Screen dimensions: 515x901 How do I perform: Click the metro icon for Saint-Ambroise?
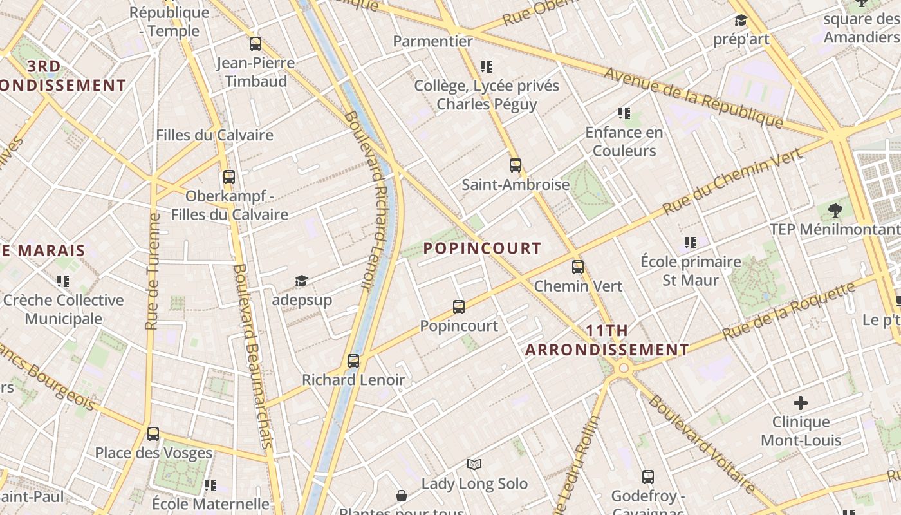(x=515, y=165)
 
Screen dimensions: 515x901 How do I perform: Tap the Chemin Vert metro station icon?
(x=578, y=267)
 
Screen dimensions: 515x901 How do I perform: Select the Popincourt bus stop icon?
(x=459, y=307)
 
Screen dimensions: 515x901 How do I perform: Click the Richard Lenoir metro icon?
(x=353, y=361)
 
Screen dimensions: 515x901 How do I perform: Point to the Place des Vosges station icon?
(x=153, y=434)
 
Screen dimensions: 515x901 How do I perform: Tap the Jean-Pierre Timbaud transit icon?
(x=255, y=44)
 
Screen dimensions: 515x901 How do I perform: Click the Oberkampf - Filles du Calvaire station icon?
(x=229, y=177)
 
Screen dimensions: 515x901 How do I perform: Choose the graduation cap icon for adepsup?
(x=301, y=281)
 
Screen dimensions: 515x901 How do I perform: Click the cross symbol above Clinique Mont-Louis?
(x=801, y=404)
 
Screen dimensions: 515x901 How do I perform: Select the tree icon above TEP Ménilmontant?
(x=835, y=210)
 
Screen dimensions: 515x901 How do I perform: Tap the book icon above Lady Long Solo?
(x=474, y=464)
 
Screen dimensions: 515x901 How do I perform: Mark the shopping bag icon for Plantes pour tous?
(x=402, y=496)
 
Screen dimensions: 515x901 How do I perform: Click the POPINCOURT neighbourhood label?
(x=482, y=248)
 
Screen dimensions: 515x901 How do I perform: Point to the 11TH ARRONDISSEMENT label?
(x=607, y=341)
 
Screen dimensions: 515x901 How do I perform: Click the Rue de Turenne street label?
(x=153, y=270)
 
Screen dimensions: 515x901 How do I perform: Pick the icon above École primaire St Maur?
(x=691, y=243)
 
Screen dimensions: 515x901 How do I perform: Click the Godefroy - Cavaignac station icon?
(x=648, y=477)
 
